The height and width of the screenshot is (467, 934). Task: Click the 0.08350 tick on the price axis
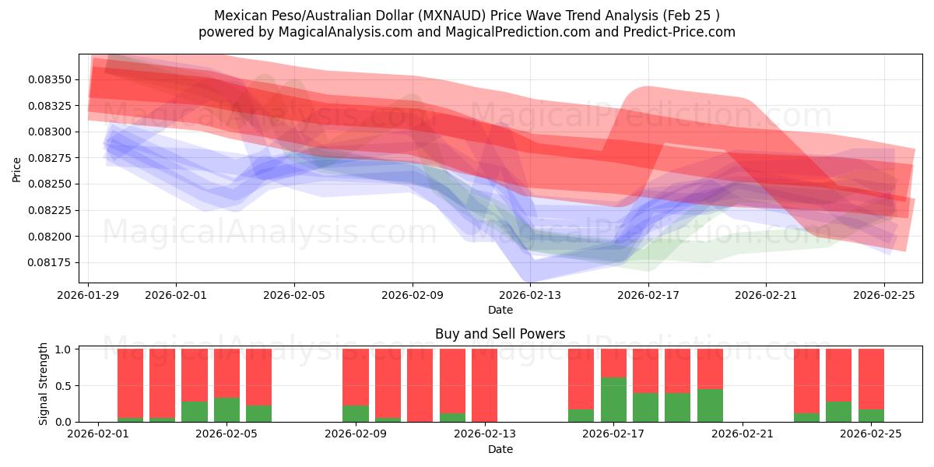pos(51,79)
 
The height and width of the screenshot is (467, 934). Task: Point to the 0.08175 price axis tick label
pos(51,262)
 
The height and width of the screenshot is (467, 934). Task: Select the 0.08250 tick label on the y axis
pos(51,184)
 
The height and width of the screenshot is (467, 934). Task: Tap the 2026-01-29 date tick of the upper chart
pos(88,294)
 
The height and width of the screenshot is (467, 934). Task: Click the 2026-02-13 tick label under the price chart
pos(530,294)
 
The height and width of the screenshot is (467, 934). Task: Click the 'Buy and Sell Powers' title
pos(500,334)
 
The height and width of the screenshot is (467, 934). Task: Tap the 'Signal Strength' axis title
pos(44,384)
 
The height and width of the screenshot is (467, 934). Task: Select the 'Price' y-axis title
pos(17,168)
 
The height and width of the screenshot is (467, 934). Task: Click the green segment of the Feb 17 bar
pos(613,399)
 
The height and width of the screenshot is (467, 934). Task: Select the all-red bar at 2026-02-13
pos(484,384)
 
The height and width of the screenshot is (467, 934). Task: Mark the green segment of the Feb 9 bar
pos(356,413)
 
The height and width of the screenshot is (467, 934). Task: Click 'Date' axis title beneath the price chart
pos(500,310)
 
